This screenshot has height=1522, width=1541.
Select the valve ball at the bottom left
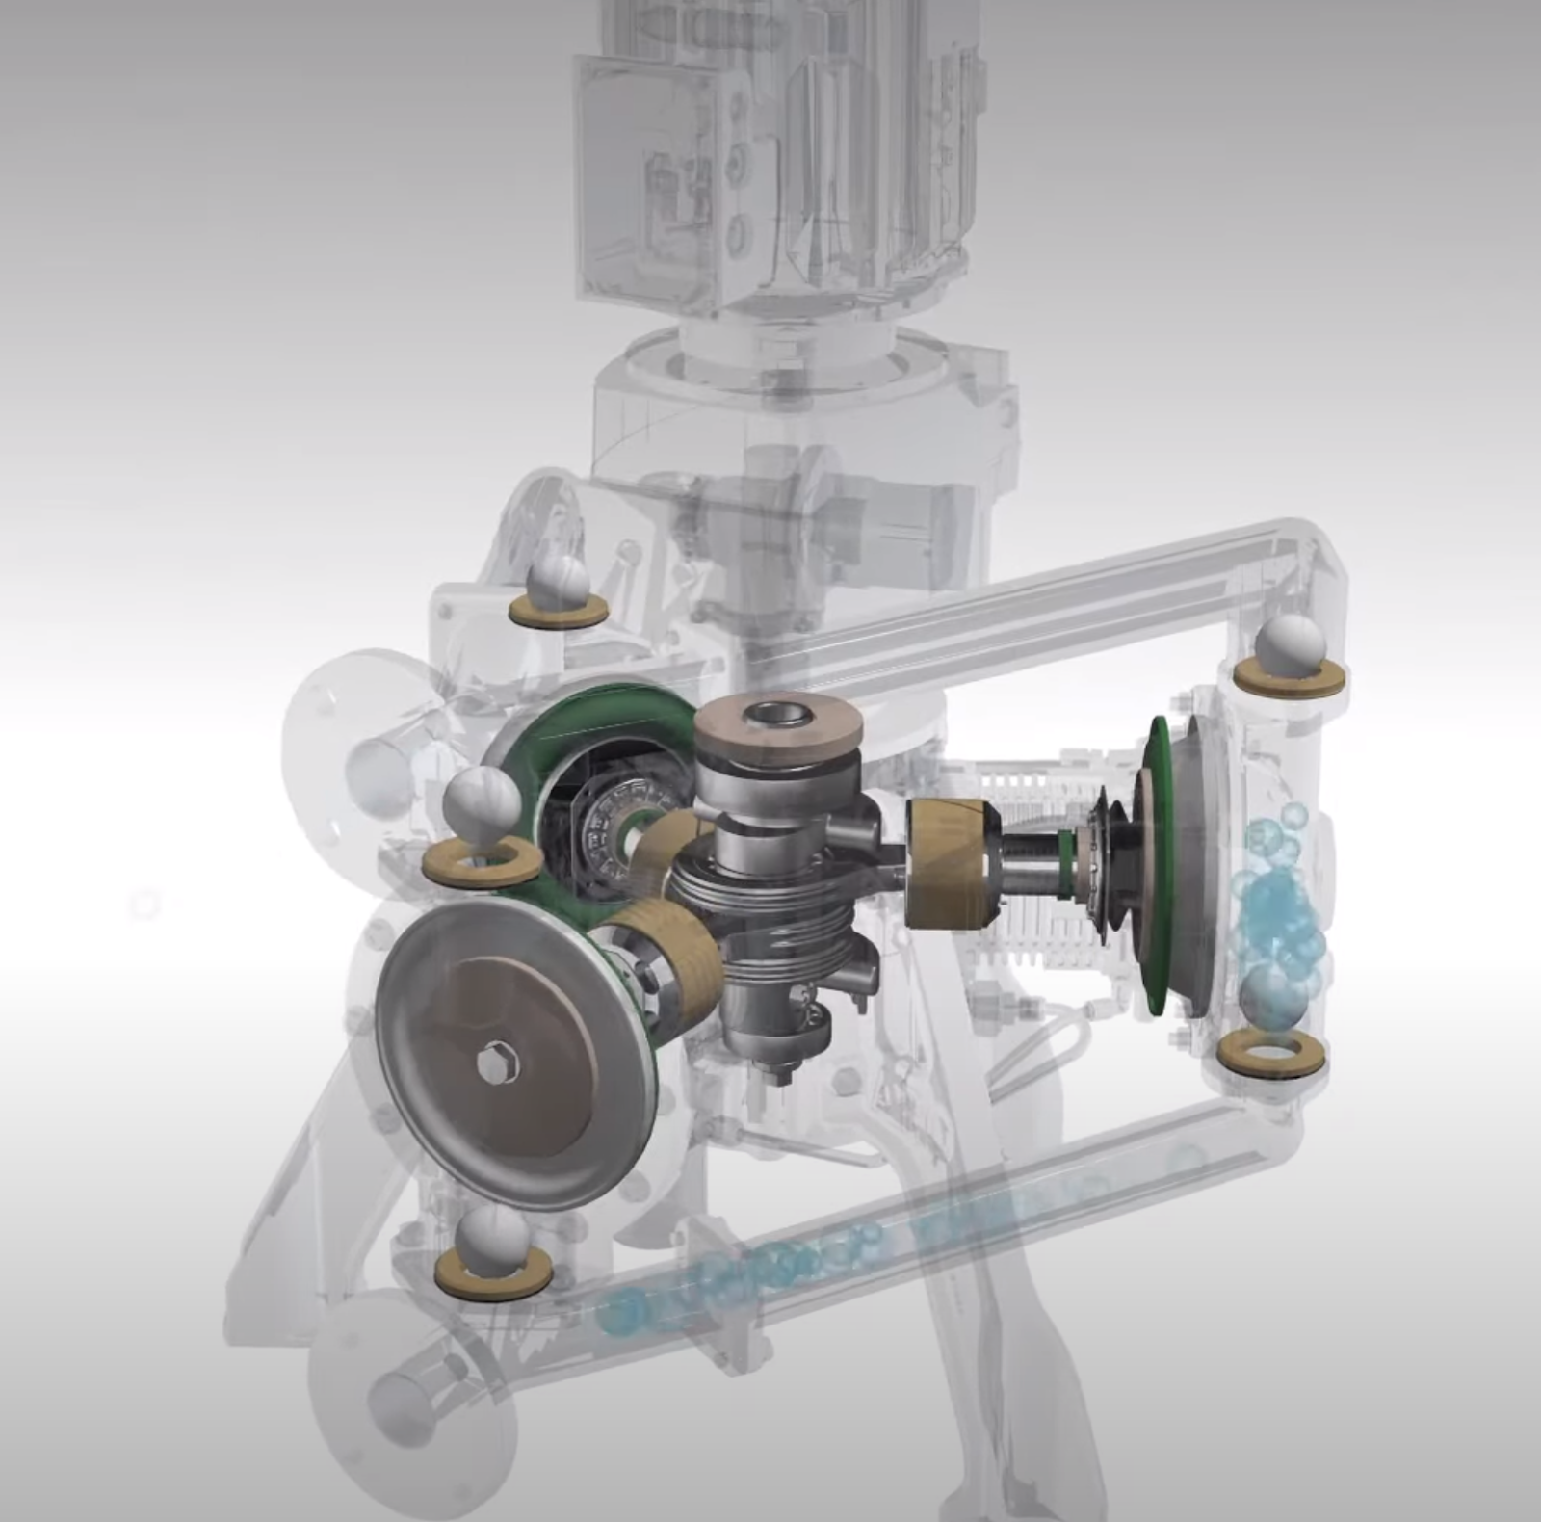click(x=493, y=1243)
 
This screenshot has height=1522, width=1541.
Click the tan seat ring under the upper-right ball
click(x=1291, y=679)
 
